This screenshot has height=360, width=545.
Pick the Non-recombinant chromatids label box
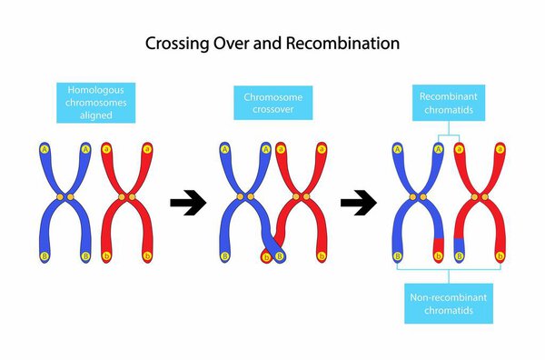point(449,303)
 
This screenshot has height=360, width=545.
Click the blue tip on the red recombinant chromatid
point(459,243)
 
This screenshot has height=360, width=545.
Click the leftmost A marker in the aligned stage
point(45,148)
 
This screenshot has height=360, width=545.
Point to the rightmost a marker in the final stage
point(500,148)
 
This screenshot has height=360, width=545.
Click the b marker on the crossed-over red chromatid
point(266,257)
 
